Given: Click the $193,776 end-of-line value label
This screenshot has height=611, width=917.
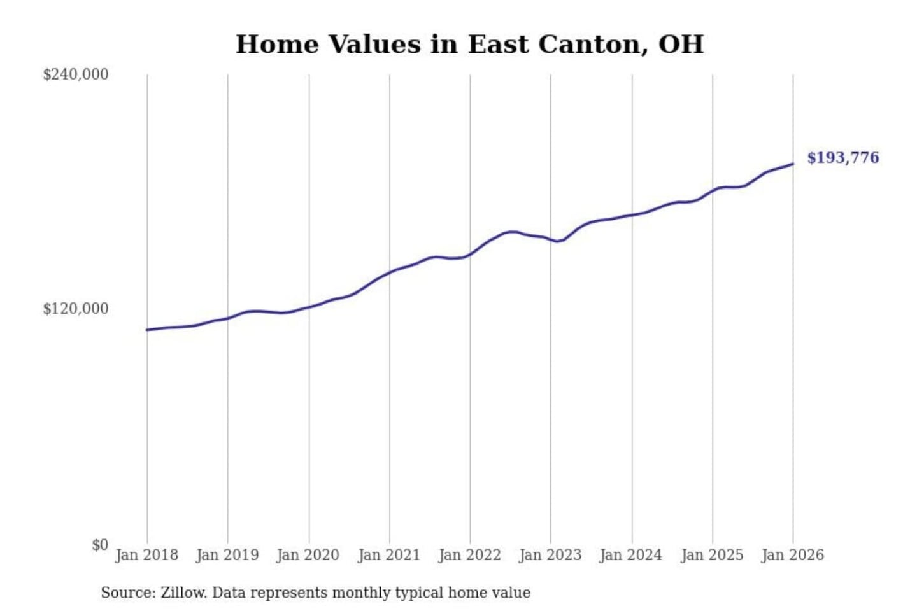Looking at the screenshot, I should click(842, 158).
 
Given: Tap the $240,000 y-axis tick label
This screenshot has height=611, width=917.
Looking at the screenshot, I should click(76, 74).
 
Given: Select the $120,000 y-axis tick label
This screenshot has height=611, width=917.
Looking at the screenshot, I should click(76, 309).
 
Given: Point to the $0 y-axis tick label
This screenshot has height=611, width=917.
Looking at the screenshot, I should click(100, 545).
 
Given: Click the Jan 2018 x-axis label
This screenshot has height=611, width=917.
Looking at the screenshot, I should click(146, 555).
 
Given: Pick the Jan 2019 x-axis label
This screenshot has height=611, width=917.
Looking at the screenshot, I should click(227, 555).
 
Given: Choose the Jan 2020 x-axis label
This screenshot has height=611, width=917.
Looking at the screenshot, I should click(308, 555).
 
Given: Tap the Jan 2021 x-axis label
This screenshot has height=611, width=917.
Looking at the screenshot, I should click(389, 555).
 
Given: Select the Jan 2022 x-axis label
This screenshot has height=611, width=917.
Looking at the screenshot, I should click(470, 555).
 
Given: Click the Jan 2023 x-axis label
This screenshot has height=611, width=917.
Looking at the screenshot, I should click(550, 555).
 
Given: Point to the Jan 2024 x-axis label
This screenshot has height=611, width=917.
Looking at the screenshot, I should click(631, 555).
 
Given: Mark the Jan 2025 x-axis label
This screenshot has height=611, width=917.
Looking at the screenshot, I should click(712, 555).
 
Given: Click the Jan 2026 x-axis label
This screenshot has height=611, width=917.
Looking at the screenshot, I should click(793, 555).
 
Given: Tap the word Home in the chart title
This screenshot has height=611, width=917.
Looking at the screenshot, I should click(277, 45).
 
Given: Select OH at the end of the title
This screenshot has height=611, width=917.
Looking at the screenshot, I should click(681, 45).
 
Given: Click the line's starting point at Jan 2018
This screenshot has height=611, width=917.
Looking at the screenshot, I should click(147, 330).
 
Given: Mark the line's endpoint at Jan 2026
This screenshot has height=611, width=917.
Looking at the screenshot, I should click(793, 164).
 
